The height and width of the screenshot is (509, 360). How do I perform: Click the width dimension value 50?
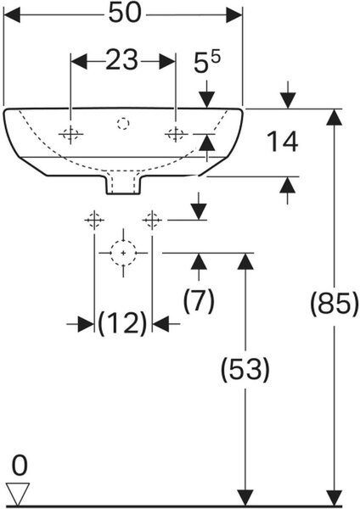tap(125, 14)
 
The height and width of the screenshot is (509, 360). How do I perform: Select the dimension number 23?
tap(121, 60)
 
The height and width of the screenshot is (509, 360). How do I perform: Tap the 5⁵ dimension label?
tap(206, 62)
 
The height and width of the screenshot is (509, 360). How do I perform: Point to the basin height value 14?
tap(282, 142)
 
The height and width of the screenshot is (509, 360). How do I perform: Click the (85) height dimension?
tap(335, 305)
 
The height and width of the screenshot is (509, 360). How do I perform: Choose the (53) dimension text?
tap(245, 369)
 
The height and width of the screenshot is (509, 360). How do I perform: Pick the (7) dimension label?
tap(199, 300)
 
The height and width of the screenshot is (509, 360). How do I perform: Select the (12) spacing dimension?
tap(122, 323)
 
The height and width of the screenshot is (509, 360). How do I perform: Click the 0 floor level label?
tap(20, 466)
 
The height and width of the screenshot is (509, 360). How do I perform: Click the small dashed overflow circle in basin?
tap(123, 124)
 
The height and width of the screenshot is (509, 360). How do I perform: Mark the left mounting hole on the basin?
tap(70, 134)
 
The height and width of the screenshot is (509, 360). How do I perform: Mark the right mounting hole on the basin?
tap(176, 134)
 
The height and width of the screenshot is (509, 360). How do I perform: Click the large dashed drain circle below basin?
tap(123, 253)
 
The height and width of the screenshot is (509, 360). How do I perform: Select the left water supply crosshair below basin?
tap(94, 220)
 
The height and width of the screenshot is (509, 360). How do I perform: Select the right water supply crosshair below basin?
tap(152, 220)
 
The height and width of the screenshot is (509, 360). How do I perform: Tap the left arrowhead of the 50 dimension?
tap(12, 15)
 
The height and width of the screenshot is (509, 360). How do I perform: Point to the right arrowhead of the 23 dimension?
tap(167, 61)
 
